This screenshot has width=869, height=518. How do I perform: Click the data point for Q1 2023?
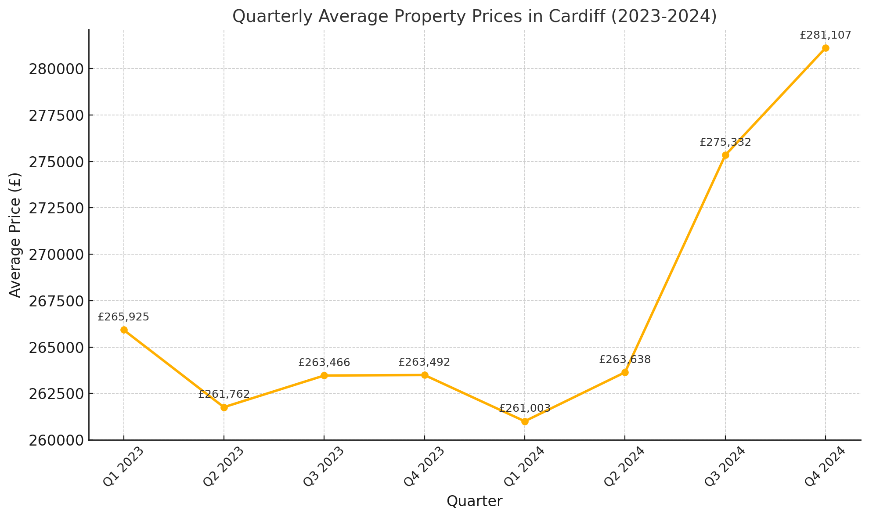124,330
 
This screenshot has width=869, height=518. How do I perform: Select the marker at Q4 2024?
826,48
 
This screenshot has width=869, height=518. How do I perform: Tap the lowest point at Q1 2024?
525,421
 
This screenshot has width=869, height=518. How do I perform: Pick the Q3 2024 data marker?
725,155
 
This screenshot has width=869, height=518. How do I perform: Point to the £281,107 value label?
826,35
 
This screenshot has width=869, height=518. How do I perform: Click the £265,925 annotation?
123,317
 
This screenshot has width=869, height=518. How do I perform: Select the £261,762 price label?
224,394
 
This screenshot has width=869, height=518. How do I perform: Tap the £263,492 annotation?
424,362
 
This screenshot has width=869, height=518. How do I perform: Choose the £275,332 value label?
725,142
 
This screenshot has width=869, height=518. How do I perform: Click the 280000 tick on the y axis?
56,69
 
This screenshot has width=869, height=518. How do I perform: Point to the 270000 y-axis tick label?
56,255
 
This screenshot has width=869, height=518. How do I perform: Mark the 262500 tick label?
56,394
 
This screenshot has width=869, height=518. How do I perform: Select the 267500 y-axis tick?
56,301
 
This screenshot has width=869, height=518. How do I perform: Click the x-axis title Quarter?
474,501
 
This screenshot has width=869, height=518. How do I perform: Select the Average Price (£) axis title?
15,235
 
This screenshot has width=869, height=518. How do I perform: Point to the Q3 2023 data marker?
324,375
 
